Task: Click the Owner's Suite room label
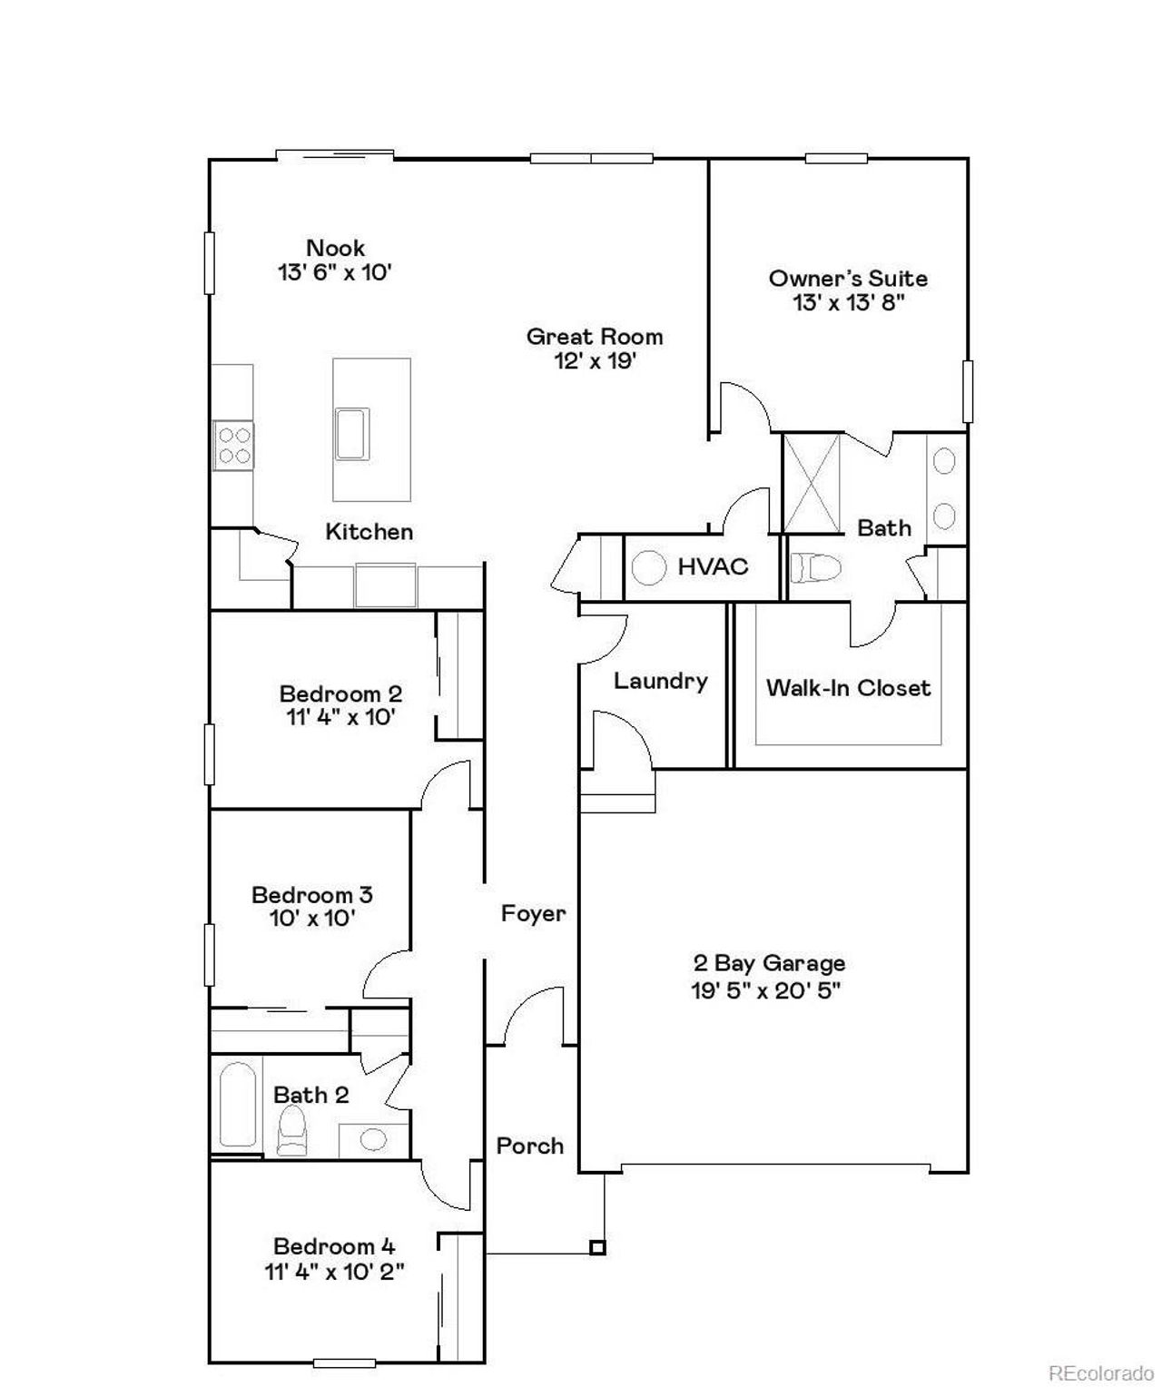(848, 279)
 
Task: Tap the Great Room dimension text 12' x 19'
(595, 361)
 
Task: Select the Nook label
(335, 248)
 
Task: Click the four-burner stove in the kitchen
(233, 446)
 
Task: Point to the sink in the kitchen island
(352, 434)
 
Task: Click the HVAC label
(713, 567)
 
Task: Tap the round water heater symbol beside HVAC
(649, 568)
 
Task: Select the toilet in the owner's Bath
(814, 568)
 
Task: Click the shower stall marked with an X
(812, 483)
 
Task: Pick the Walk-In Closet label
(848, 688)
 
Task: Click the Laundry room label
(660, 681)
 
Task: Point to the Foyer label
(533, 913)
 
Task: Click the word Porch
(529, 1146)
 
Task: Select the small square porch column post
(597, 1247)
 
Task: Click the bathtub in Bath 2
(238, 1104)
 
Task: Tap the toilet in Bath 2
(292, 1131)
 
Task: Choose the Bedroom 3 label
(311, 895)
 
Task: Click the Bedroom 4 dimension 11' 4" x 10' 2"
(334, 1272)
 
